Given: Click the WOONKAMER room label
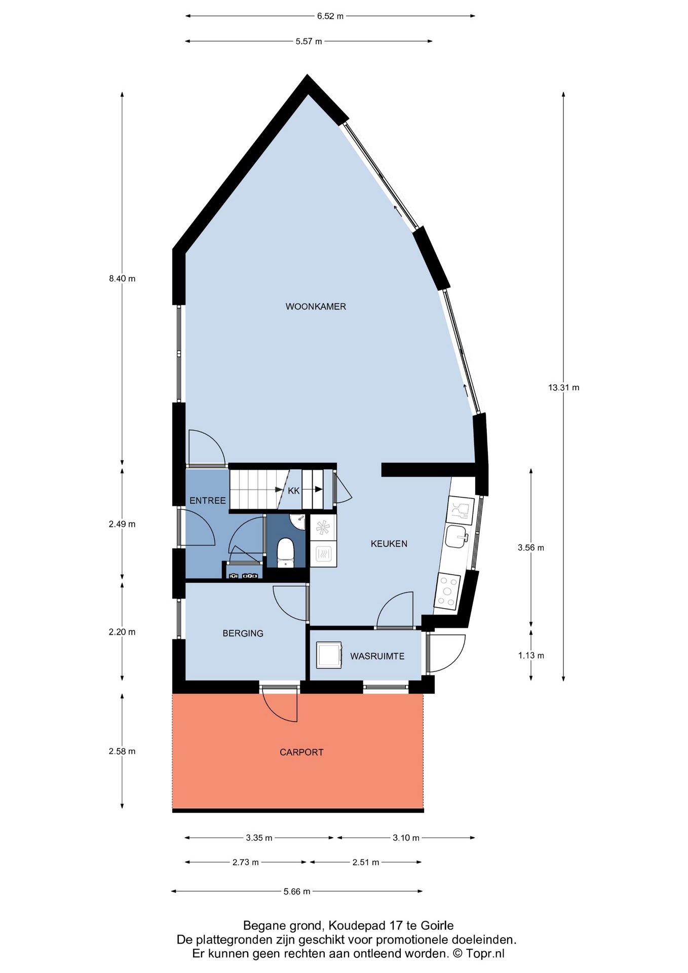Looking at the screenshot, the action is coord(316,307).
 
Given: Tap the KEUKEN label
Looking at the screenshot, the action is coord(389,544).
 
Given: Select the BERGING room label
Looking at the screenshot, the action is coord(243,633).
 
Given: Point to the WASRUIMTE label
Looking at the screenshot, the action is coord(377,656).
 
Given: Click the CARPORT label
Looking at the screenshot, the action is coord(301,753).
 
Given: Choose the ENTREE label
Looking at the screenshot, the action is coord(208,501).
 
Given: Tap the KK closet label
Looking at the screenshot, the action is coord(294,491).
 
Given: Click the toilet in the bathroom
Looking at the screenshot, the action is coord(286,552).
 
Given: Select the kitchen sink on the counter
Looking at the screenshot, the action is coord(457,537).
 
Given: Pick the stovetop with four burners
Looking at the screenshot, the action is coord(447,591).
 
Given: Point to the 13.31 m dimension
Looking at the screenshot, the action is coord(563,388).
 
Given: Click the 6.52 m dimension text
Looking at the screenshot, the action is coord(330,16).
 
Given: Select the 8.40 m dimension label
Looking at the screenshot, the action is coord(122,279).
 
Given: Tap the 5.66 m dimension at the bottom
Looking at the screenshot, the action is coord(297,891).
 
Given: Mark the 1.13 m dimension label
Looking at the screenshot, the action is coord(531,656).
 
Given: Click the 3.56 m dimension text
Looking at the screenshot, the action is coord(531,548).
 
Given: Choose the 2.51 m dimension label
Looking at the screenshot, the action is coord(366,863).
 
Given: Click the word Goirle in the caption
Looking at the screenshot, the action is coord(437,926).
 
